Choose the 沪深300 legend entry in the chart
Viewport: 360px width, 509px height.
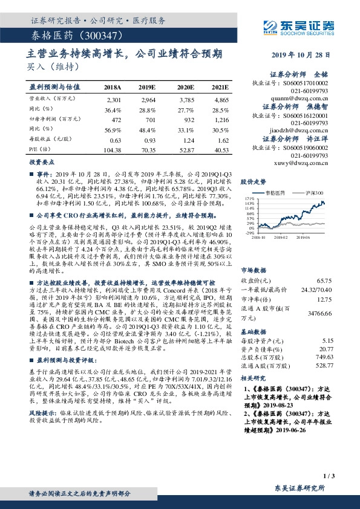click(x=313, y=192)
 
